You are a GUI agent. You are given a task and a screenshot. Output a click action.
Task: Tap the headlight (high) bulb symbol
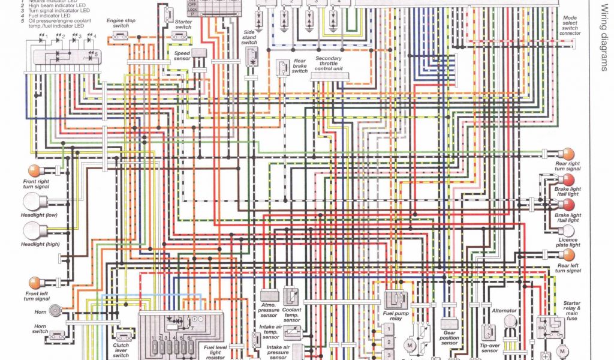point(31,230)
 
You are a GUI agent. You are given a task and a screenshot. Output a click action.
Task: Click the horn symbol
point(55,310)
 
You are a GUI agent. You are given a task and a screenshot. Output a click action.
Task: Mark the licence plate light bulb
point(567,231)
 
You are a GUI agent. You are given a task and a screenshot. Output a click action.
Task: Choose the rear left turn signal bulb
point(567,254)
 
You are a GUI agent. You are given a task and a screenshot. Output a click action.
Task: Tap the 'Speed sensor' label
point(182,55)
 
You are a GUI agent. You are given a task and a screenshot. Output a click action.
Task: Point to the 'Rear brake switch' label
point(299,65)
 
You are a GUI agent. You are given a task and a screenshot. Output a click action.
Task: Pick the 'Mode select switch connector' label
point(570,26)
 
